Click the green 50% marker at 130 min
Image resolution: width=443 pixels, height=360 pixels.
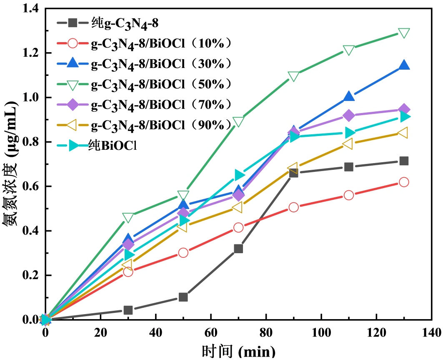pyautogui.click(x=404, y=33)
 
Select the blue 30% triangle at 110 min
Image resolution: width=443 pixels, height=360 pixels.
pyautogui.click(x=349, y=97)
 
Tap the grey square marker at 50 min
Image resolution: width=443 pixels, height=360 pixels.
pyautogui.click(x=183, y=297)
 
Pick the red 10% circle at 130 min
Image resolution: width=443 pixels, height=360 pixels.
pyautogui.click(x=404, y=182)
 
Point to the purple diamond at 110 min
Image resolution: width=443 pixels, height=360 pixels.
pyautogui.click(x=349, y=116)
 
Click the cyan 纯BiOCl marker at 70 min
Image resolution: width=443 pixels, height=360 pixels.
pyautogui.click(x=238, y=174)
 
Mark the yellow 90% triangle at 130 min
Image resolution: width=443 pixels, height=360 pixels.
pyautogui.click(x=404, y=133)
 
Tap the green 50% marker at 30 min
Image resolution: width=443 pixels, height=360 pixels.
pyautogui.click(x=128, y=217)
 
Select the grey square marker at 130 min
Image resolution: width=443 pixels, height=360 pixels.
pyautogui.click(x=404, y=161)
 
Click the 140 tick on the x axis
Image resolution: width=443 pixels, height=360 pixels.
pyautogui.click(x=431, y=332)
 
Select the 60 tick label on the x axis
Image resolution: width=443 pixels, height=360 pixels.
pyautogui.click(x=210, y=332)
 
